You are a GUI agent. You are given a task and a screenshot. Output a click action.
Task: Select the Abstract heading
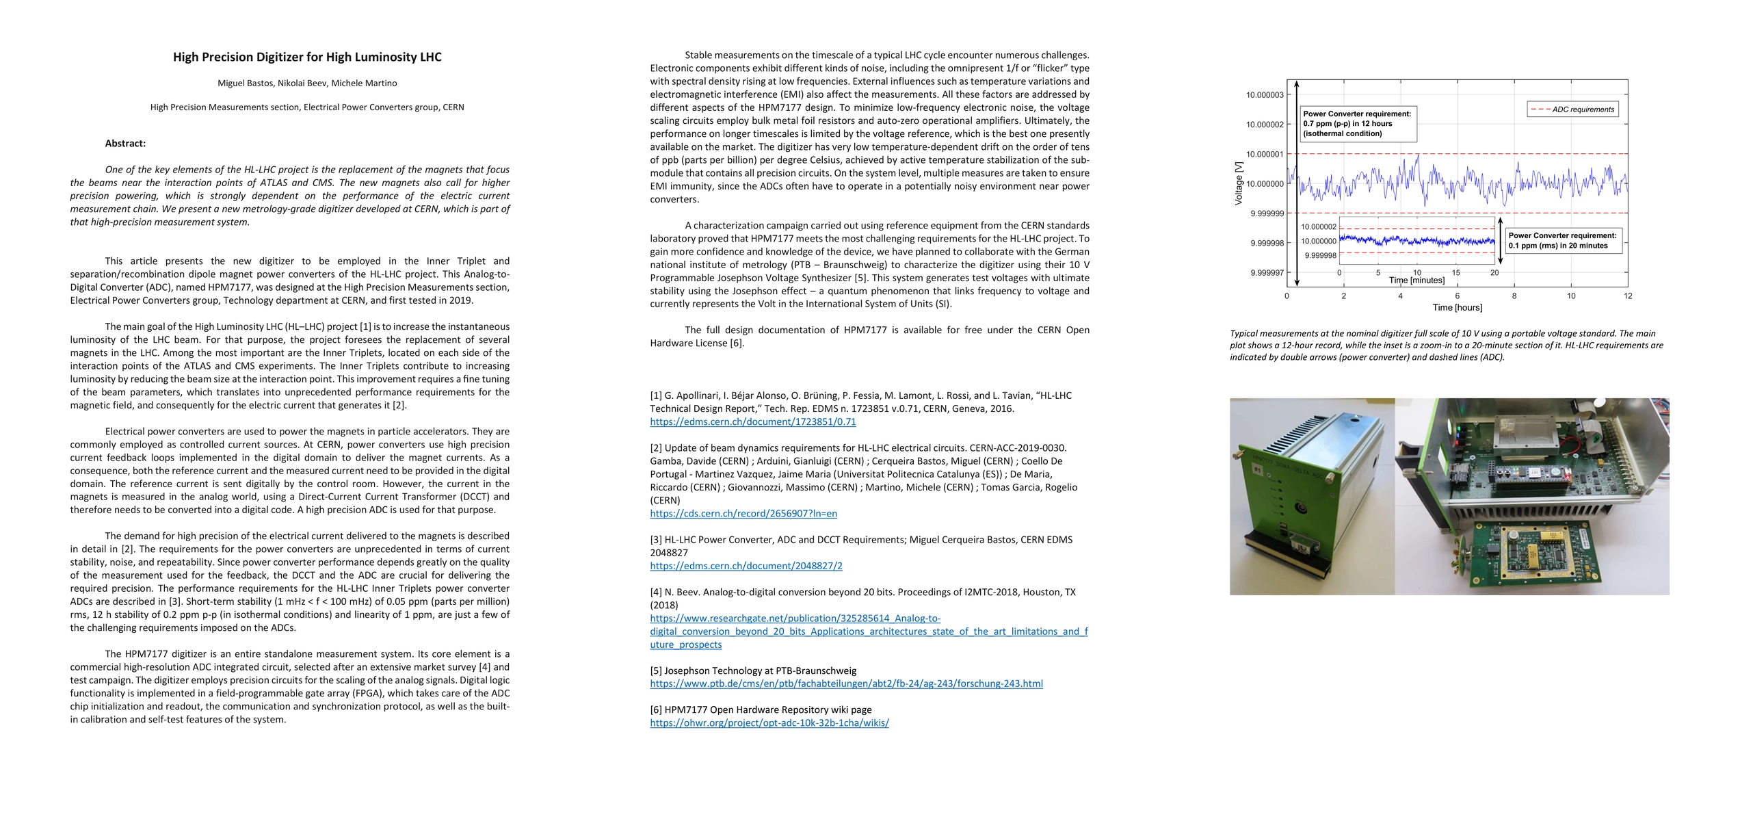click(125, 144)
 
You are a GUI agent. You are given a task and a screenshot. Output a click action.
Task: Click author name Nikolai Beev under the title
click(302, 83)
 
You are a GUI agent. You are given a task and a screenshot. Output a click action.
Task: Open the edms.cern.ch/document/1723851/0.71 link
click(752, 422)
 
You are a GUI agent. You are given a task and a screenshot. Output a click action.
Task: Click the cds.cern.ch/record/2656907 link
click(743, 514)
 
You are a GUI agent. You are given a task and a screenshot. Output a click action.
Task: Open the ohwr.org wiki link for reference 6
click(769, 723)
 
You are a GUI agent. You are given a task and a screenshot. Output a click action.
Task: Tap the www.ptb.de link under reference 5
click(846, 683)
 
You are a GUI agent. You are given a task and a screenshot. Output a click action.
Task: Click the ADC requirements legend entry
click(1572, 109)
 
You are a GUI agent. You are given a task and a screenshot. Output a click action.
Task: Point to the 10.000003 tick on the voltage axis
click(1265, 95)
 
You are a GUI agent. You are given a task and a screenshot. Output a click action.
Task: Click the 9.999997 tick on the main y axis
click(1267, 273)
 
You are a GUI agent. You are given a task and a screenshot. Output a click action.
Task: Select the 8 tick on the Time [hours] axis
click(1514, 296)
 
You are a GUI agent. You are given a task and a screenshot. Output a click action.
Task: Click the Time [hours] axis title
click(1458, 308)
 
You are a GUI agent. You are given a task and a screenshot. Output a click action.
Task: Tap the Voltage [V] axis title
click(1239, 183)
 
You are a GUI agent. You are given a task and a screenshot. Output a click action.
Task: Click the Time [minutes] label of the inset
click(1416, 281)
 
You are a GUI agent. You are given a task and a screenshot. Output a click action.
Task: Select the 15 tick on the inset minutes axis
click(1456, 273)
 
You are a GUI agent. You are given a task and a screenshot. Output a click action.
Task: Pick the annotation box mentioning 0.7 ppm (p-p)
click(1357, 124)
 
